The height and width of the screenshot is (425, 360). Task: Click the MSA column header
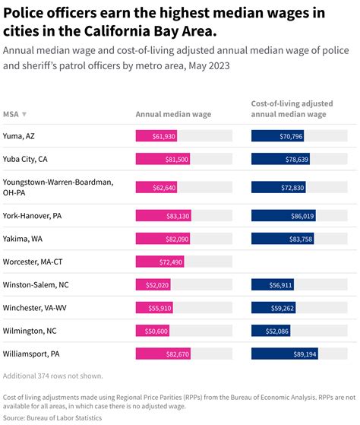(x=11, y=114)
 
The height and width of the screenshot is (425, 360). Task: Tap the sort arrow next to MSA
(x=24, y=115)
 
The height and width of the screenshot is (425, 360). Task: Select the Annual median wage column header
(x=173, y=114)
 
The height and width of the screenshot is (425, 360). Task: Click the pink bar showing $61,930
(x=156, y=136)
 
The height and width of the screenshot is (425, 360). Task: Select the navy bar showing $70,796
(x=278, y=136)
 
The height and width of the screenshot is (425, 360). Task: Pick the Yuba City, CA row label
(x=25, y=159)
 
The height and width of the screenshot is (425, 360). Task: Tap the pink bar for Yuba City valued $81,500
(x=163, y=159)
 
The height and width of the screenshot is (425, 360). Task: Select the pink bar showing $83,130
(x=163, y=216)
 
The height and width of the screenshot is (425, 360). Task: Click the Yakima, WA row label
(x=23, y=239)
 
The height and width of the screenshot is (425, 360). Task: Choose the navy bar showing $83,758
(x=283, y=239)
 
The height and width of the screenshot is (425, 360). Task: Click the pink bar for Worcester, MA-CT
(x=159, y=262)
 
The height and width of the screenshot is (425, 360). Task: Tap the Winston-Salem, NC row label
(x=35, y=284)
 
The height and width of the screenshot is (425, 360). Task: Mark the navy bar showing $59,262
(x=273, y=307)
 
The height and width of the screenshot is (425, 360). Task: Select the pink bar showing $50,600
(x=152, y=330)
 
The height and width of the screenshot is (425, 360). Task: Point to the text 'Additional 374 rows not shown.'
(x=53, y=376)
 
